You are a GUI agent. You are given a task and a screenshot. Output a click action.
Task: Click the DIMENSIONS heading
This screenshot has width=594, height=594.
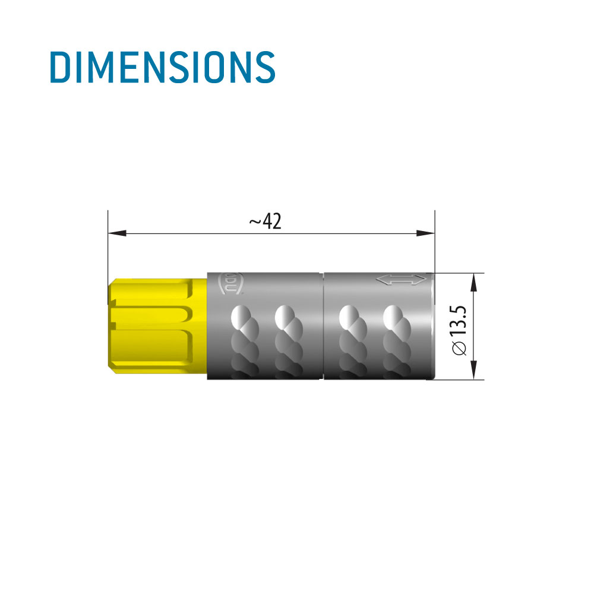(x=163, y=67)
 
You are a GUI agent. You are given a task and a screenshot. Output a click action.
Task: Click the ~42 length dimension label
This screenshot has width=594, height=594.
(x=265, y=221)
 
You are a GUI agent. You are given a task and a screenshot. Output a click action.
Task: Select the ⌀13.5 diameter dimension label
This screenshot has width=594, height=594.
(x=459, y=330)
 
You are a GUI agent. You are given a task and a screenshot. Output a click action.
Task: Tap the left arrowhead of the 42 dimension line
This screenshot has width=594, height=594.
(x=117, y=233)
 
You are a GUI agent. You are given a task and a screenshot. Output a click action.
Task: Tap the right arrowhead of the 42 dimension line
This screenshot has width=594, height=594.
(x=425, y=233)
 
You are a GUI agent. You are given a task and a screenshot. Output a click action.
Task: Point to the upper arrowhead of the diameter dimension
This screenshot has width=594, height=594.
(x=473, y=282)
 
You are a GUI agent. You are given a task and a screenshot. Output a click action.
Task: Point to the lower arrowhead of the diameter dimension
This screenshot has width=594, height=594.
(x=473, y=370)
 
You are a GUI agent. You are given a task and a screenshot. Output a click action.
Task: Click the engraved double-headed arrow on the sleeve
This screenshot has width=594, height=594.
(x=401, y=280)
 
